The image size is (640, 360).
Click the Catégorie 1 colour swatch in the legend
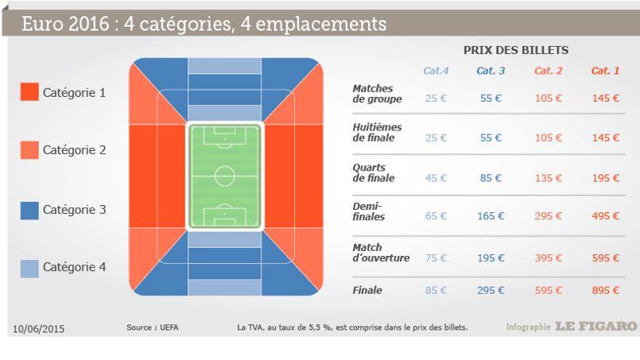click(x=29, y=92)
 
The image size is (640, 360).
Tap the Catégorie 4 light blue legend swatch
click(x=29, y=269)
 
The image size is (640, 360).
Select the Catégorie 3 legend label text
click(x=74, y=210)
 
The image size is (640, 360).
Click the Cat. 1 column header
click(x=605, y=71)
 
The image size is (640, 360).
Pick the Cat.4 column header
click(x=436, y=71)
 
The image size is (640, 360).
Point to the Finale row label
click(x=367, y=290)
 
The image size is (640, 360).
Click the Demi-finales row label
click(x=369, y=211)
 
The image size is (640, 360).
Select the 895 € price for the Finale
click(x=606, y=290)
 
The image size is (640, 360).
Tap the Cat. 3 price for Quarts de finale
click(x=491, y=178)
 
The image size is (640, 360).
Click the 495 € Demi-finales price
click(x=606, y=216)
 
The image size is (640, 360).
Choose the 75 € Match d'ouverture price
click(x=436, y=258)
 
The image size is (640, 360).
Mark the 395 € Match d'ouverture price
click(x=548, y=258)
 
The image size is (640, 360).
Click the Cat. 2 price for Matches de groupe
click(x=548, y=98)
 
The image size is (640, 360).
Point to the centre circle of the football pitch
click(x=224, y=166)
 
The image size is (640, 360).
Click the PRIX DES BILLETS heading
click(x=516, y=50)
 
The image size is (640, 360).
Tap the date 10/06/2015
click(x=38, y=329)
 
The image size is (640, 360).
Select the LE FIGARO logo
click(x=596, y=326)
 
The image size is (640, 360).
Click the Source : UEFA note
click(x=152, y=327)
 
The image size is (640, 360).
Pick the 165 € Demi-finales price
click(x=491, y=216)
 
